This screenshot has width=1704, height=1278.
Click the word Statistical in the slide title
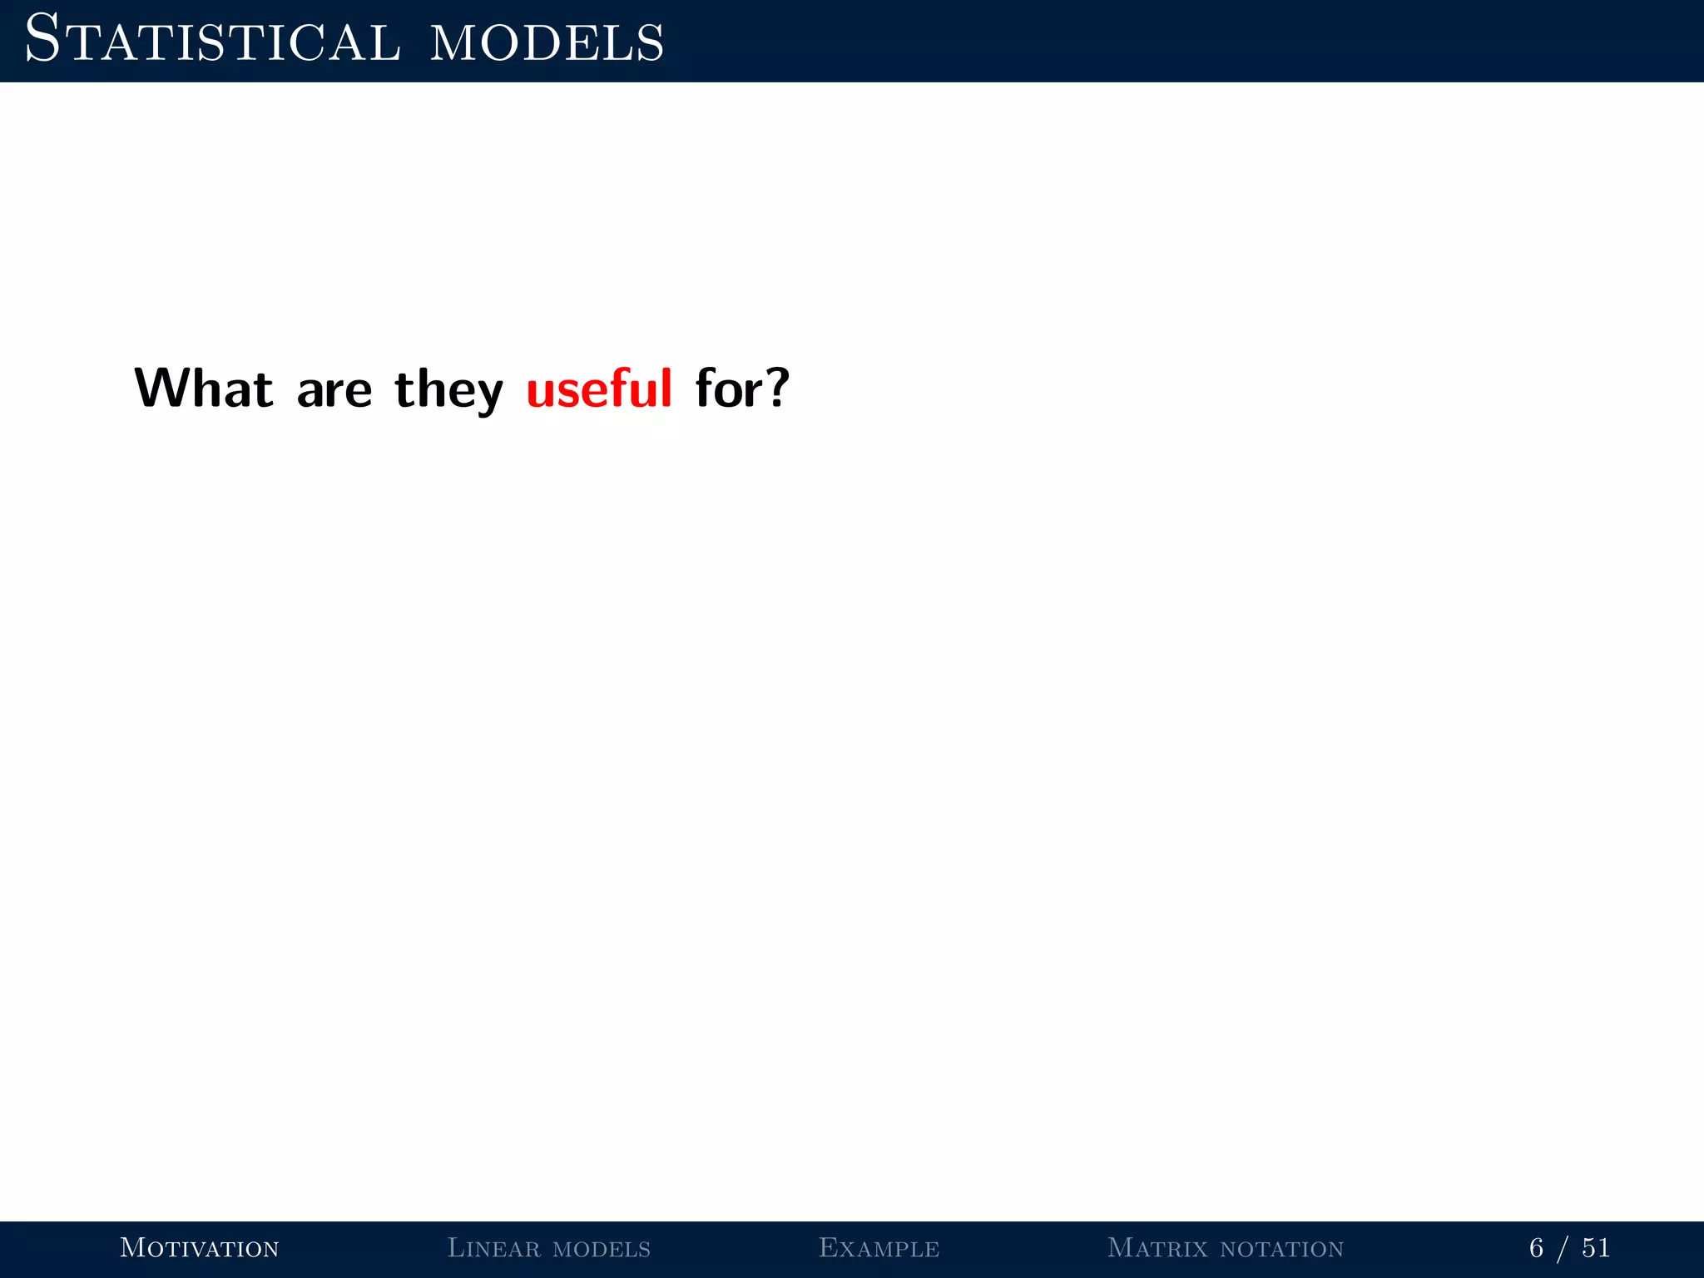tap(213, 42)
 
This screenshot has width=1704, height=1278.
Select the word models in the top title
tap(547, 43)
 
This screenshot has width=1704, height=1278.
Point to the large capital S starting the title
tap(42, 39)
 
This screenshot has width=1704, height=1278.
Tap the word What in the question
tap(204, 389)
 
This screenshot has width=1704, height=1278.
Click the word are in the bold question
tap(334, 392)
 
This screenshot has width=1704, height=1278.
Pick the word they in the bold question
tap(449, 391)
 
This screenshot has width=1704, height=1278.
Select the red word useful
tap(599, 389)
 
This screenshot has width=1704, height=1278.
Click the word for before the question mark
tap(730, 389)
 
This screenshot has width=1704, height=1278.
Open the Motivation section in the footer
tap(200, 1248)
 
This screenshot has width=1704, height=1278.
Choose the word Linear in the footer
tap(493, 1248)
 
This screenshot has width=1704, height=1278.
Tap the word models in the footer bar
tap(602, 1250)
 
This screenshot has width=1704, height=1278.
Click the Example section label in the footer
tap(879, 1248)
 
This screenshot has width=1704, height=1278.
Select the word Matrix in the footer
tap(1157, 1248)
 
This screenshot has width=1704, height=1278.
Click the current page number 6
tap(1536, 1248)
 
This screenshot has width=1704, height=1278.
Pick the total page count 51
tap(1596, 1248)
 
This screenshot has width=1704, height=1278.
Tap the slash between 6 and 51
tap(1564, 1249)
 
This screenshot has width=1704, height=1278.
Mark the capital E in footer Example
tap(829, 1247)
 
